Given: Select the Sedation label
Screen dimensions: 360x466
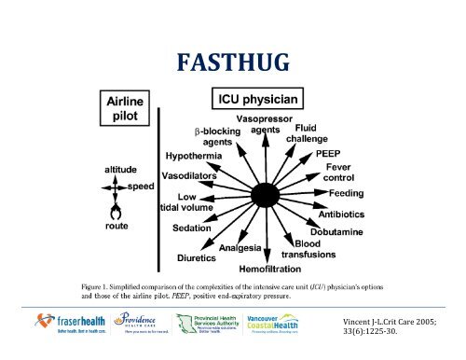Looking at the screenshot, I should click(197, 227).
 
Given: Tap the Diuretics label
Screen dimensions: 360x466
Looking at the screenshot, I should click(198, 256).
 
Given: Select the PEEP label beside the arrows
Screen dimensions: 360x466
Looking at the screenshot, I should click(328, 152).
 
